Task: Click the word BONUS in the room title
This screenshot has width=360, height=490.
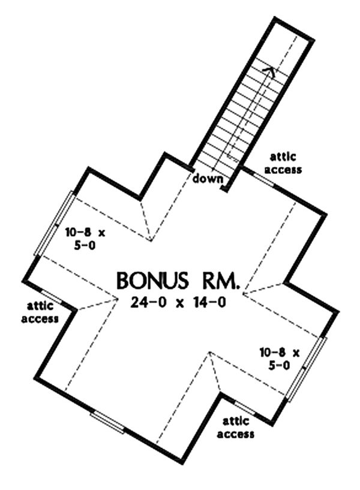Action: pos(153,281)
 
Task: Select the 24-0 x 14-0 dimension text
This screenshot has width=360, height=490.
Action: pos(178,302)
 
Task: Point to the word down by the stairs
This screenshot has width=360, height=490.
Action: pos(208,179)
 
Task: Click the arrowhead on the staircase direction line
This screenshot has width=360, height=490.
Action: pos(269,71)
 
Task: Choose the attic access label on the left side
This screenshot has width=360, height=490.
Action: pos(40,312)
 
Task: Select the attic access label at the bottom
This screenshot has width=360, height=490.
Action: pos(236,428)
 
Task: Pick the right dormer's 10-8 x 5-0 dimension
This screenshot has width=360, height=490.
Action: pos(280,359)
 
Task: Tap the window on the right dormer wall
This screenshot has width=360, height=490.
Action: pos(307,369)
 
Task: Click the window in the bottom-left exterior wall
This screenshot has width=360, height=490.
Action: pos(107,422)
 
